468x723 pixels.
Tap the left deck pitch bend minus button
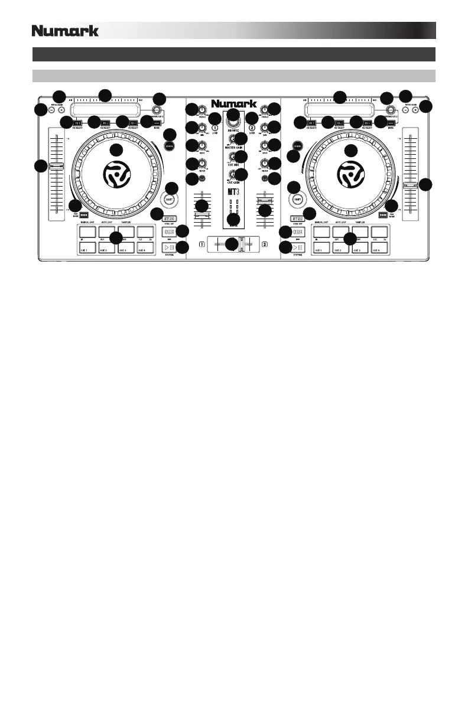pos(52,110)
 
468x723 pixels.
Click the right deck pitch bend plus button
pos(415,110)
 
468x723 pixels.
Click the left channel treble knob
pos(202,110)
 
